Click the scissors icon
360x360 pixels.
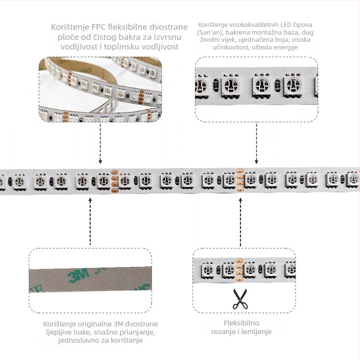pos(240,299)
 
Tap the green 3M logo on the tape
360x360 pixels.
pos(79,275)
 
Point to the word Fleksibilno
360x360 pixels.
pos(241,323)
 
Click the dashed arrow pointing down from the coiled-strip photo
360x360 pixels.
pos(100,144)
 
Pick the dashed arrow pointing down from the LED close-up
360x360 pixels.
pos(256,143)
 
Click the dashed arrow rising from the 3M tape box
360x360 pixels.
pos(90,221)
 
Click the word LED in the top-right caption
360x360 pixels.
pos(286,25)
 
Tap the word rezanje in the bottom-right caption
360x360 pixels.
pos(223,332)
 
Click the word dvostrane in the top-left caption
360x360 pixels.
pos(168,27)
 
